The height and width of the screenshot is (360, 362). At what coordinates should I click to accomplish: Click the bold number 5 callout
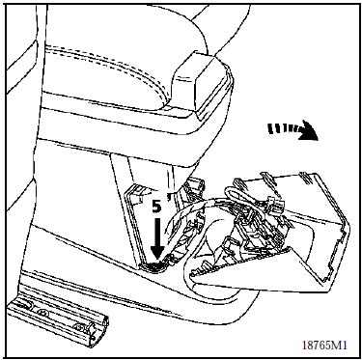(x=156, y=207)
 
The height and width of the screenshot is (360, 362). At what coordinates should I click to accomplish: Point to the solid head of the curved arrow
(x=307, y=130)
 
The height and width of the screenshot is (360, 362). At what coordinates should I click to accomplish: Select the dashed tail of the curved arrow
(x=282, y=129)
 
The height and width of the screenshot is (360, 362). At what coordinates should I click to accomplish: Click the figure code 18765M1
(x=324, y=346)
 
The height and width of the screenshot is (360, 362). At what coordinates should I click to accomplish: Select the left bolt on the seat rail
(x=42, y=312)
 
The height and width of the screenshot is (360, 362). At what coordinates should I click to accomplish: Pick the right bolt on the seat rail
(x=79, y=327)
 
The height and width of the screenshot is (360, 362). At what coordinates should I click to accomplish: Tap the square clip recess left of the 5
(x=133, y=196)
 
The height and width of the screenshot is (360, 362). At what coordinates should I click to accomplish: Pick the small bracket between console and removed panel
(x=196, y=185)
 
